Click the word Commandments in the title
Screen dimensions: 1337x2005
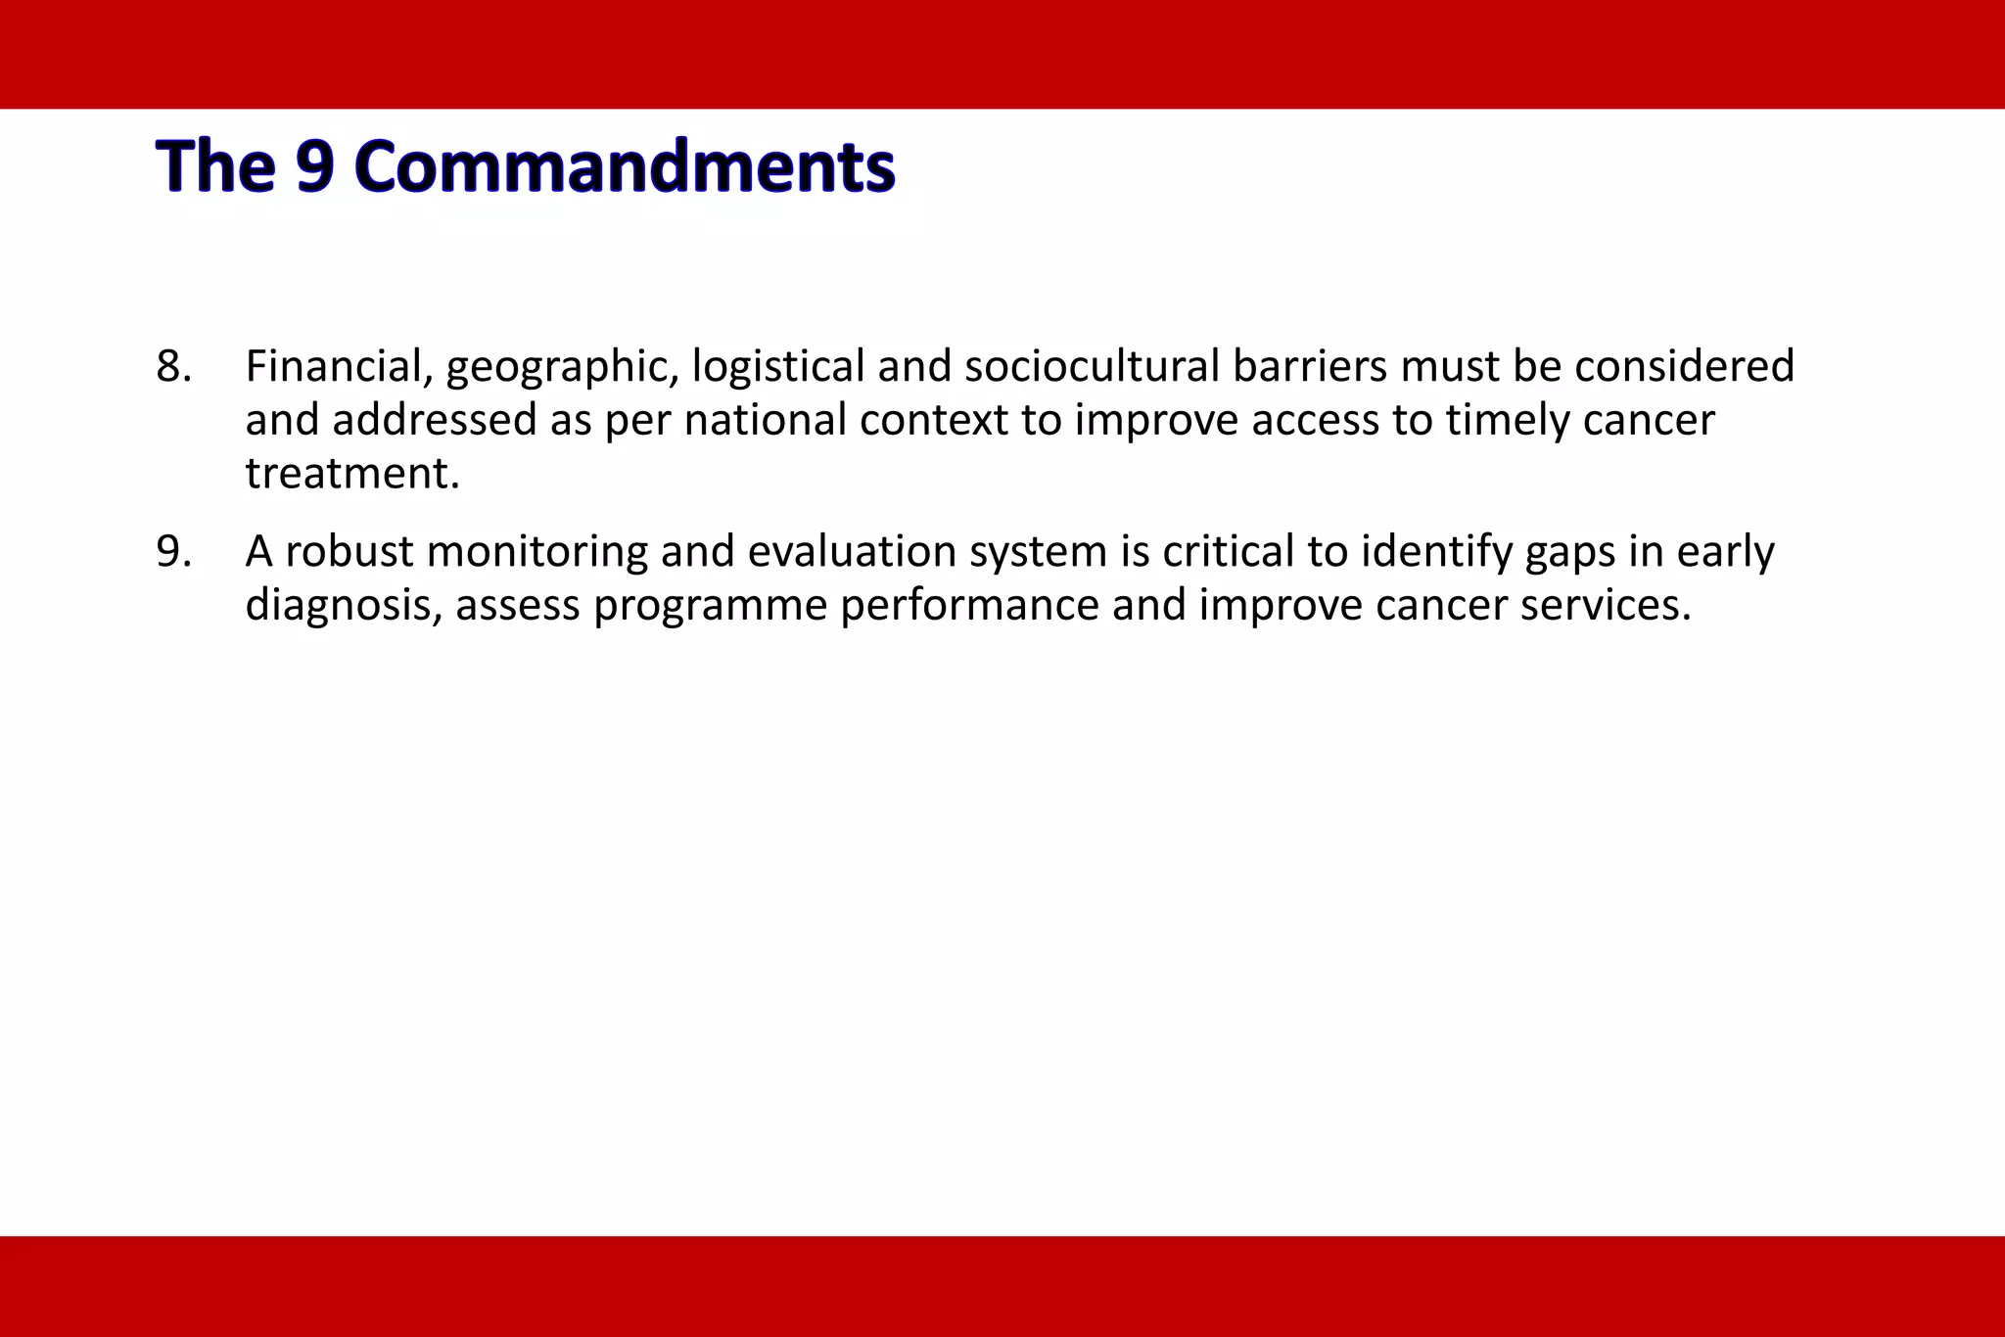625,166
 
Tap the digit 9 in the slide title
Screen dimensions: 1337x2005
315,166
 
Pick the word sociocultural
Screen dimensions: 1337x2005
1092,367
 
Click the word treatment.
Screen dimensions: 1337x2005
351,475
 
